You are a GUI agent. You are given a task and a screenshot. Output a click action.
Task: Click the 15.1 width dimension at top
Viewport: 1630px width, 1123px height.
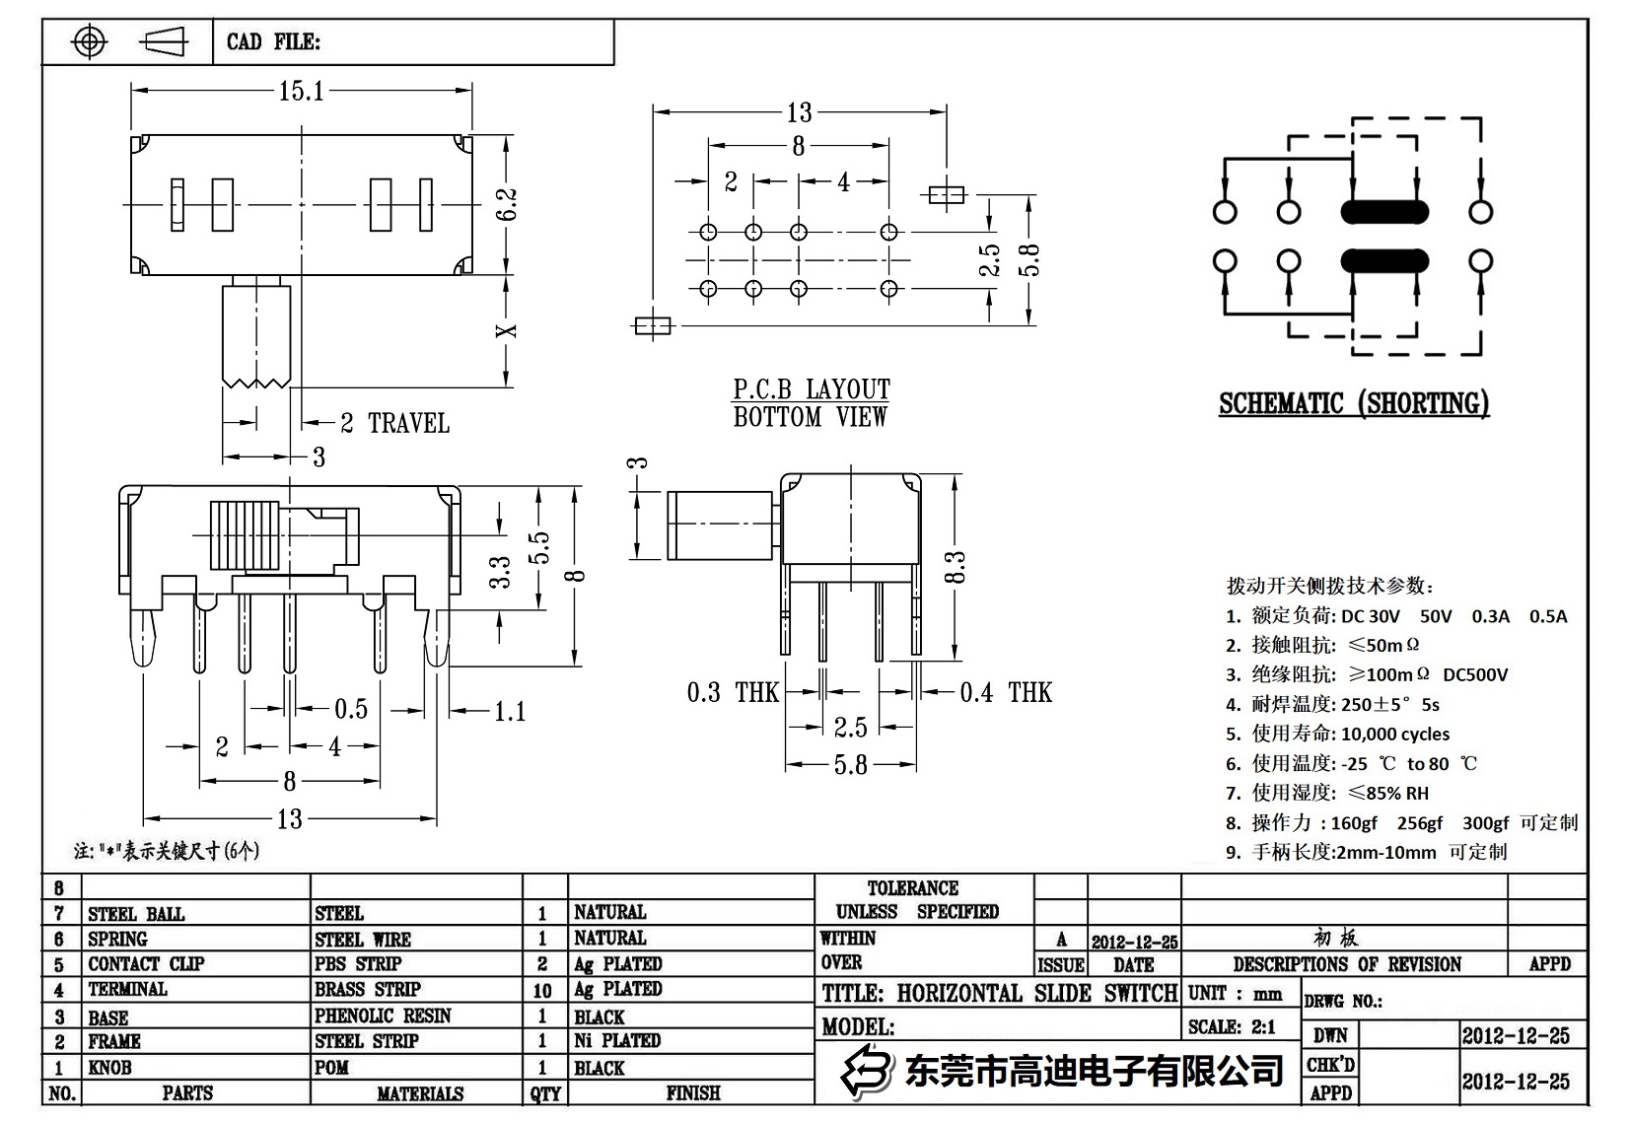(301, 92)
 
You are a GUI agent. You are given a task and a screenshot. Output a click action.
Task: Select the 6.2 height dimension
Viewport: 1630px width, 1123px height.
(508, 204)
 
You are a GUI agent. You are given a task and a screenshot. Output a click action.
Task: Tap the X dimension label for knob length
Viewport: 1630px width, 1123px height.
(507, 330)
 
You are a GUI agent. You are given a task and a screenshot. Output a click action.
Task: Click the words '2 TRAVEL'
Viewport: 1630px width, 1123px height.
(394, 424)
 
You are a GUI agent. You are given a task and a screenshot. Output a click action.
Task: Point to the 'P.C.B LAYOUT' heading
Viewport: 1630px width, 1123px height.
(811, 389)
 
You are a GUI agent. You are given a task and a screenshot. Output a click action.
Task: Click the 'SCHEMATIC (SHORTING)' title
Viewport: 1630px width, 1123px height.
(1353, 404)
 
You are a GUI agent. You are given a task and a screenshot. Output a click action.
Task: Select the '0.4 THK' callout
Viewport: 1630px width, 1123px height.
(1005, 693)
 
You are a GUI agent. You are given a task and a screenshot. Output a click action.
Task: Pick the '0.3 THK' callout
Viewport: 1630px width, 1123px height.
(733, 693)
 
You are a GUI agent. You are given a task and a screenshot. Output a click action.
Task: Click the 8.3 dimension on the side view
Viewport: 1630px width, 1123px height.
(955, 568)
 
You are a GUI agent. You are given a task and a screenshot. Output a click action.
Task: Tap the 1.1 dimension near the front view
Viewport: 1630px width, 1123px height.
(509, 712)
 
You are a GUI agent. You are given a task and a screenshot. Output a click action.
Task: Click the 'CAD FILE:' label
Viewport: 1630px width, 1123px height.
(273, 42)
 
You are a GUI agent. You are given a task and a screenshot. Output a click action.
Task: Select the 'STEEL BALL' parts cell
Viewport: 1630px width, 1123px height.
(136, 915)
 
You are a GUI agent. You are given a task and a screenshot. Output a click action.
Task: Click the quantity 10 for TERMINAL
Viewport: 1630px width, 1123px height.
(542, 990)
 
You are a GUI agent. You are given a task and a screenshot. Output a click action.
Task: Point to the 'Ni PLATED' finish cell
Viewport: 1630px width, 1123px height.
(617, 1041)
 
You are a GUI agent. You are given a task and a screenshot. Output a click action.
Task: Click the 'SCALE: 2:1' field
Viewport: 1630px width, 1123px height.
(1232, 1027)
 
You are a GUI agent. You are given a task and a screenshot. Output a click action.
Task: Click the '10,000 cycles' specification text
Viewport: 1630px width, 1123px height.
(1395, 735)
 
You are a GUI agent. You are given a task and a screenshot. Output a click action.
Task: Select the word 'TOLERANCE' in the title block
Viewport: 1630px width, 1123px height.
(912, 888)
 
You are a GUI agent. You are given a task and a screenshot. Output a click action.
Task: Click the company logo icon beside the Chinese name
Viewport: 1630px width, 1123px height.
(865, 1070)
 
